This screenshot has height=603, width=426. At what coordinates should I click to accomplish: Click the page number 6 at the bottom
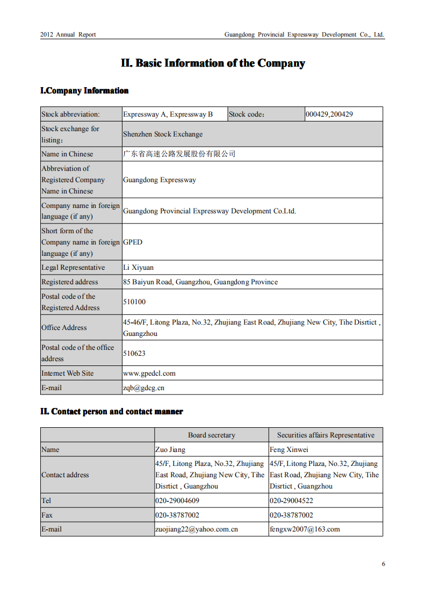pos(384,564)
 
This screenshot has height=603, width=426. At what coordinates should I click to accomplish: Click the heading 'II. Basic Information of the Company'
pos(213,63)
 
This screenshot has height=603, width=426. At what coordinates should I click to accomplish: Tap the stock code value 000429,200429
pos(329,114)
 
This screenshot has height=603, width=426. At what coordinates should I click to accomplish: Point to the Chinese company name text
pos(179,154)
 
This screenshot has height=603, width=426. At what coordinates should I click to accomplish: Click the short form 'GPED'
pos(133,242)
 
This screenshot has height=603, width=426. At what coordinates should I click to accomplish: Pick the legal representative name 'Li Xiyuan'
pos(138,268)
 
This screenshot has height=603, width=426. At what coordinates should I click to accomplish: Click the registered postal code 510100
pos(134,302)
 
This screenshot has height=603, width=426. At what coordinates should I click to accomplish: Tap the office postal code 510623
pos(134,354)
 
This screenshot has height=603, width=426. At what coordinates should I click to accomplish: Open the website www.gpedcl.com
pos(149,374)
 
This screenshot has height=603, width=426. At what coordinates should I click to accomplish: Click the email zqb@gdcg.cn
pos(143,388)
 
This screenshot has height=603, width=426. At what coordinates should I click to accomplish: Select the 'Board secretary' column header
pos(212,435)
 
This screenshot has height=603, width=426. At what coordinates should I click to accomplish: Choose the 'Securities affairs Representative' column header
pos(326,435)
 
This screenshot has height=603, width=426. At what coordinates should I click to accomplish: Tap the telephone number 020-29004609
pos(177,501)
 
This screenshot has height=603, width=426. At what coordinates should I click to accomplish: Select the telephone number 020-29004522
pos(291,501)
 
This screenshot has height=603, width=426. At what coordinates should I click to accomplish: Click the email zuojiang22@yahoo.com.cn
pos(197,529)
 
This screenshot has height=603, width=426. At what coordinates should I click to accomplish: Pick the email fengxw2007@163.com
pos(305,529)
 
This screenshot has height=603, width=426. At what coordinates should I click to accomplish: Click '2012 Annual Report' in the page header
pos(68,34)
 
